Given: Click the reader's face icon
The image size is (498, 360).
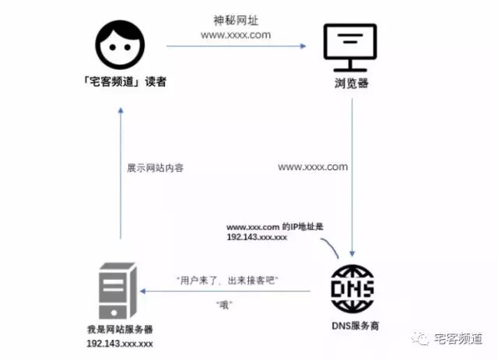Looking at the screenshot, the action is [120, 44].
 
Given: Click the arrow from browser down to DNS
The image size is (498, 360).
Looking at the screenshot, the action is [353, 179].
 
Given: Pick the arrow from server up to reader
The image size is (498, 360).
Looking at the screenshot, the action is [120, 171].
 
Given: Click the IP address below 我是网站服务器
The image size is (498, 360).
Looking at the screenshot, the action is [119, 343].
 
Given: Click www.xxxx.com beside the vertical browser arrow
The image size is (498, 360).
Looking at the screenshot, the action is [313, 166].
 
